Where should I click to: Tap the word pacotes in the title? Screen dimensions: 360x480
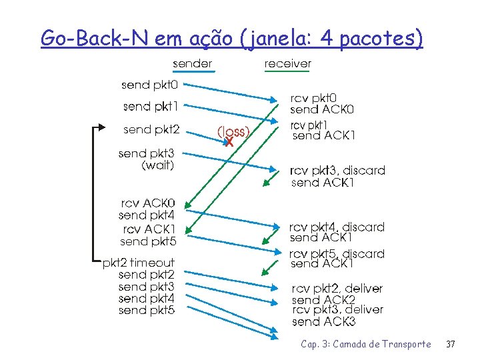(x=381, y=39)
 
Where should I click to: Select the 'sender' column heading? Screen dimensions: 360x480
(x=192, y=63)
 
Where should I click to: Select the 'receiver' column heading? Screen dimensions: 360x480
(x=287, y=63)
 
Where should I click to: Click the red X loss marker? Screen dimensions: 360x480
(x=228, y=142)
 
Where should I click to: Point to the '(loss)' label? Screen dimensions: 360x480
(x=233, y=131)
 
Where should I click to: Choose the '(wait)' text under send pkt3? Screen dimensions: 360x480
(x=158, y=166)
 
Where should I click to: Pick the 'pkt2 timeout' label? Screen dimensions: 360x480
(x=138, y=263)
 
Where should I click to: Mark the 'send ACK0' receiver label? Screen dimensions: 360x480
(x=322, y=109)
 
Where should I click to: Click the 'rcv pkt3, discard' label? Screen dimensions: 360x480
(x=337, y=170)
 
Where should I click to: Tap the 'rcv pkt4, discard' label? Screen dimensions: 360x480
(x=337, y=227)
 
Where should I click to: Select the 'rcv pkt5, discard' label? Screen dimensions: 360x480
(x=337, y=253)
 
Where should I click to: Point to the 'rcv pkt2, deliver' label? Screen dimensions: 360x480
(x=337, y=289)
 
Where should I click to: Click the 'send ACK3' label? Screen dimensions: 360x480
(x=323, y=322)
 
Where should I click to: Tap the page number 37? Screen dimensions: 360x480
(x=450, y=344)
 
